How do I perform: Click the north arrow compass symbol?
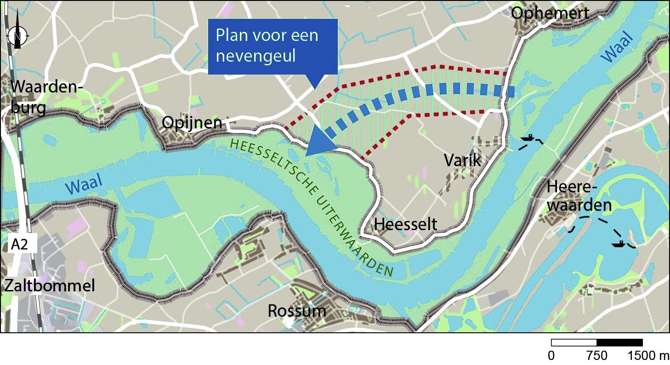pyautogui.click(x=17, y=33)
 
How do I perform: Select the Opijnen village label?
pyautogui.click(x=192, y=123)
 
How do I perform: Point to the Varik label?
pyautogui.click(x=462, y=160)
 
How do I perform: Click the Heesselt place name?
pyautogui.click(x=406, y=224)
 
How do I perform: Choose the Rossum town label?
pyautogui.click(x=297, y=311)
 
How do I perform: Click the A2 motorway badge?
pyautogui.click(x=20, y=244)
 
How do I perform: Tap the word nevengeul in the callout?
pyautogui.click(x=256, y=56)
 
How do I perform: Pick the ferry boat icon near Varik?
pyautogui.click(x=529, y=138)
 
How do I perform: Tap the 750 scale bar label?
pyautogui.click(x=597, y=356)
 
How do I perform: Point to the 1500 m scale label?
pyautogui.click(x=648, y=356)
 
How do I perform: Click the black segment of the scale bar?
pyautogui.click(x=619, y=342)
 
